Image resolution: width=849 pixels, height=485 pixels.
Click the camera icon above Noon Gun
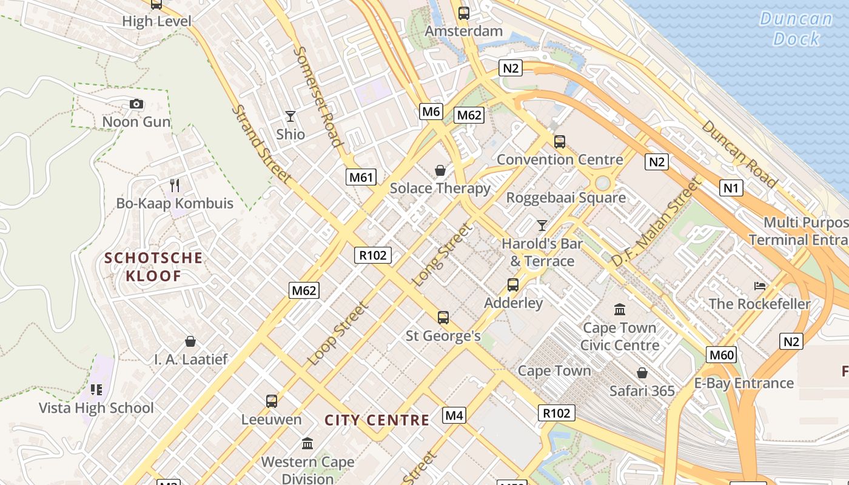[x=136, y=104]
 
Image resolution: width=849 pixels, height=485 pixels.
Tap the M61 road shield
[x=361, y=177]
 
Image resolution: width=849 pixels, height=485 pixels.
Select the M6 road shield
[x=431, y=111]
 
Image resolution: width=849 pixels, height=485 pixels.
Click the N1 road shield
[x=731, y=188]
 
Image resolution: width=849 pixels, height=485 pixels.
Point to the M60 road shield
[x=721, y=355]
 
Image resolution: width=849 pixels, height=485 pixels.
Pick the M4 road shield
[x=454, y=415]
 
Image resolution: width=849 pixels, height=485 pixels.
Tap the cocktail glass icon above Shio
[x=290, y=116]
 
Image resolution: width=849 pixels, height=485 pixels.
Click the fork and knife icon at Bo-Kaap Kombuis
[x=175, y=185]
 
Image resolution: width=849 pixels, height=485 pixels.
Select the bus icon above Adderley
[x=513, y=284]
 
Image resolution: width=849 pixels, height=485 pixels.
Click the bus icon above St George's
[x=443, y=317]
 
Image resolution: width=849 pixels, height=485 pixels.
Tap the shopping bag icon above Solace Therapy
[x=440, y=170]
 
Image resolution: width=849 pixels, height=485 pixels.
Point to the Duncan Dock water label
[x=796, y=28]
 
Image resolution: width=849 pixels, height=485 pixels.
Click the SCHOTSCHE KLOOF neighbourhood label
[x=153, y=267]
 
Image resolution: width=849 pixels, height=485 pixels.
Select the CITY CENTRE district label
[x=377, y=420]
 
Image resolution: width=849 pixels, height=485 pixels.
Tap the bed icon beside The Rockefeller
[x=760, y=286]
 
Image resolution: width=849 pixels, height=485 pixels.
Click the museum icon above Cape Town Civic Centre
[x=620, y=310]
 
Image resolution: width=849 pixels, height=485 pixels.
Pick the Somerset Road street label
[x=318, y=97]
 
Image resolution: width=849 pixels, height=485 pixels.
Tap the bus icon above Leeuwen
[x=272, y=401]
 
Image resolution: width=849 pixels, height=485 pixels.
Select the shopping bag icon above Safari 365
[x=642, y=373]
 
